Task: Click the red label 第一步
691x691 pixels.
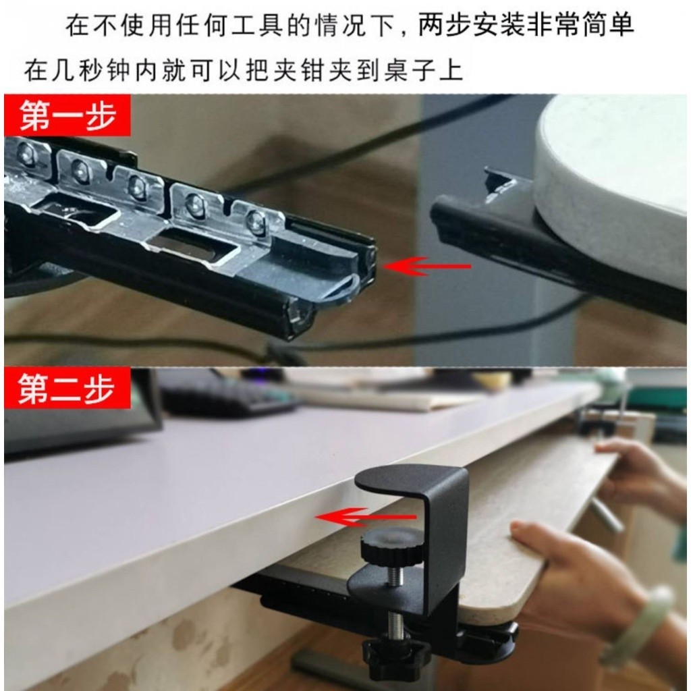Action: [x=67, y=115]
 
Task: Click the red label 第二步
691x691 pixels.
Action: [x=67, y=388]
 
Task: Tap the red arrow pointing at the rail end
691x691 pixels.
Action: [x=426, y=266]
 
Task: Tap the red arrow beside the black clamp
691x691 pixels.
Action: [x=365, y=517]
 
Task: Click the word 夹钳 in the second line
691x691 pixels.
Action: [x=299, y=70]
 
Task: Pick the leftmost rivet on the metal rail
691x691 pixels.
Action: [x=26, y=154]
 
